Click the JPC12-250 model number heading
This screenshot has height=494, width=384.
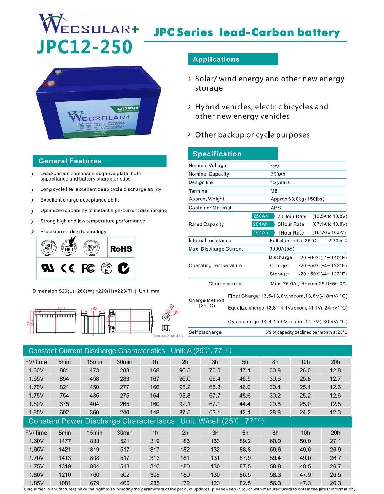85,47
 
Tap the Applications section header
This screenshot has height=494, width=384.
216,59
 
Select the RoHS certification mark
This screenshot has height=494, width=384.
121,249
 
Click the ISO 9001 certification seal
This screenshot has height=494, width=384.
48,247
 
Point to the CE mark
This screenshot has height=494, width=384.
68,268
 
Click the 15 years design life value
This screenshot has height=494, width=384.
280,182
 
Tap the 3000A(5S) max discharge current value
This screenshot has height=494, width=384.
282,249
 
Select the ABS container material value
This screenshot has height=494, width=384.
276,208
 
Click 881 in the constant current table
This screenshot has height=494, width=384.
64,370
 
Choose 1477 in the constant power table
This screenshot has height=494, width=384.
65,441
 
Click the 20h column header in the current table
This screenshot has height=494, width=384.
335,362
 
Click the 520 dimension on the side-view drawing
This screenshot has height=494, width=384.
62,308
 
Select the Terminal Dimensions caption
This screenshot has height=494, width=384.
168,335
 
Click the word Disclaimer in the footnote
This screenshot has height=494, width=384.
35,489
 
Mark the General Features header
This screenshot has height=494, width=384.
70,161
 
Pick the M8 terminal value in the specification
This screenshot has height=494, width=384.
274,191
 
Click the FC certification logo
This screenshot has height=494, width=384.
88,268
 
